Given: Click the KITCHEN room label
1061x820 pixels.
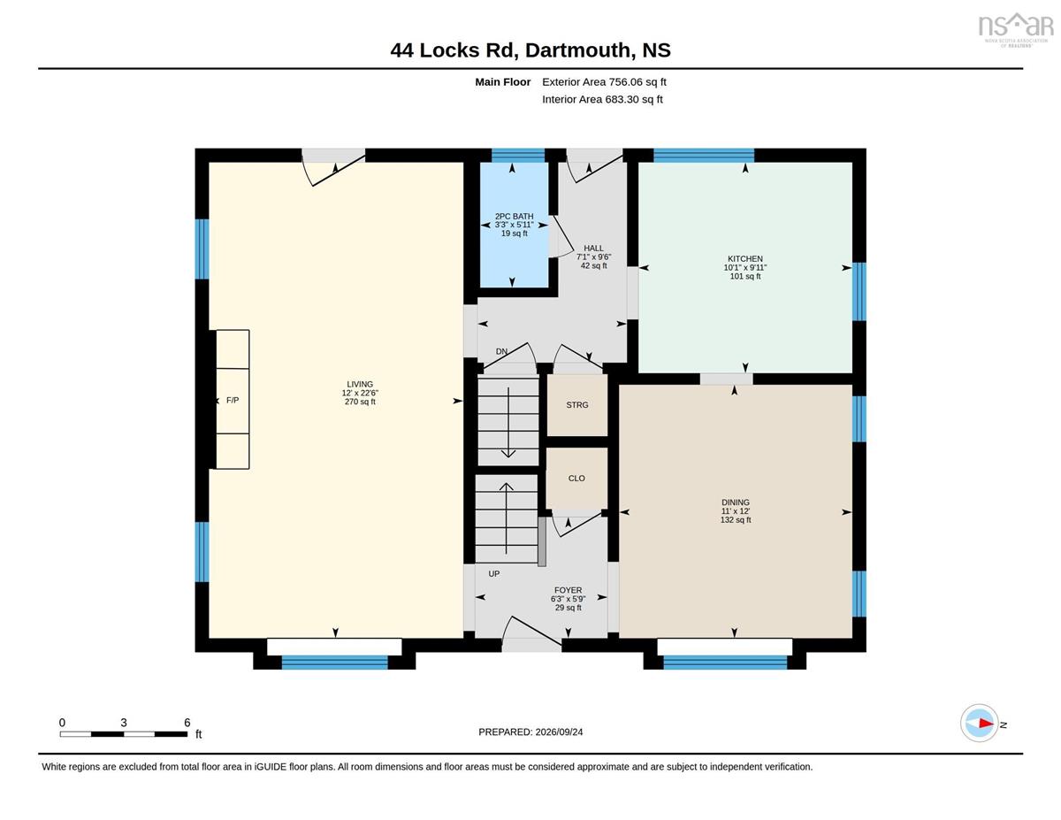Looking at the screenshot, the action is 744,259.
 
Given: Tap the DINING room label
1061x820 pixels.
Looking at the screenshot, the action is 736,502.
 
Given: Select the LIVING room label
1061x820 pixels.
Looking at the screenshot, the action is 360,385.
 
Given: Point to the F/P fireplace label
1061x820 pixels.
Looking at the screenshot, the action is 233,401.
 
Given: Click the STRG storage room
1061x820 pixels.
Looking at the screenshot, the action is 577,405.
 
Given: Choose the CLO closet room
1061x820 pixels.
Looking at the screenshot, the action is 576,479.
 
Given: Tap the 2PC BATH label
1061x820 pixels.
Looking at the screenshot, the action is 515,217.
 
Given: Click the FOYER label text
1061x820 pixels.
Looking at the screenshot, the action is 568,590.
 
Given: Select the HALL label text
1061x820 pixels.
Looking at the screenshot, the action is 593,248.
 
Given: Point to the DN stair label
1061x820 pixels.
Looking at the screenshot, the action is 501,351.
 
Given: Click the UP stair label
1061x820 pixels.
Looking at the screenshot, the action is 494,574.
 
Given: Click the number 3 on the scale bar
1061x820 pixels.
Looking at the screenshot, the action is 124,723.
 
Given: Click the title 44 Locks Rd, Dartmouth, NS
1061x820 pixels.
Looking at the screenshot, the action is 530,50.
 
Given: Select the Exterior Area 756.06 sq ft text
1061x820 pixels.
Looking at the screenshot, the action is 604,82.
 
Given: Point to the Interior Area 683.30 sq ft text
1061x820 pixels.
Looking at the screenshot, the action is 602,99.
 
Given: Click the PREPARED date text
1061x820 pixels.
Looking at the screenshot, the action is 530,732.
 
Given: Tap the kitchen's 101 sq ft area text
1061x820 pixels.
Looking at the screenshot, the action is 745,276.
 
